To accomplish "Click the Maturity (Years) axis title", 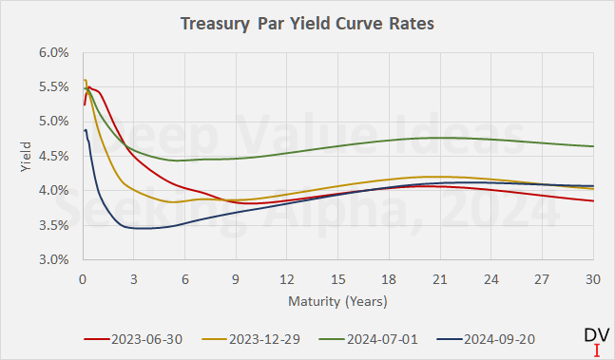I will [338, 300].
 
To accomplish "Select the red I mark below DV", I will [596, 350].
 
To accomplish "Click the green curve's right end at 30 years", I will [593, 146].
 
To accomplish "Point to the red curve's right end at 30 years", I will [593, 200].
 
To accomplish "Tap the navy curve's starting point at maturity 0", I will [85, 131].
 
